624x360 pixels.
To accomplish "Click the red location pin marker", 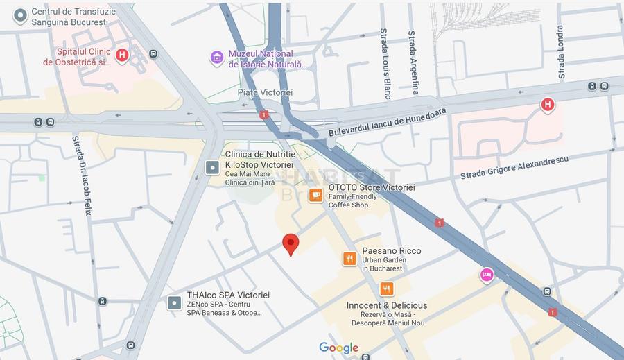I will [x=291, y=244].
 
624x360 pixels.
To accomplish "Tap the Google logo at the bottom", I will [x=338, y=348].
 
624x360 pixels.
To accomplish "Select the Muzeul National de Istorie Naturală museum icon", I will [x=217, y=57].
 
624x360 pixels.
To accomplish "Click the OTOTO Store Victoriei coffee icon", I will [x=315, y=195].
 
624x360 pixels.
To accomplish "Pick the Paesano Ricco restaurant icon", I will [x=349, y=259].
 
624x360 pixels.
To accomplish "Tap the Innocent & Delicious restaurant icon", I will [x=386, y=289].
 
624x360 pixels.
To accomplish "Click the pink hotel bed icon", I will [x=487, y=275].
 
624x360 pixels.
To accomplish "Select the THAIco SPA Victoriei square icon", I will [x=174, y=302].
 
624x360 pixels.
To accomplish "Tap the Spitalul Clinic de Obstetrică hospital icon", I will [x=122, y=55].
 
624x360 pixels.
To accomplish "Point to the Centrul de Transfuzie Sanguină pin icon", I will [x=21, y=15].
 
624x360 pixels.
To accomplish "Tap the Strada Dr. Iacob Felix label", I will [x=82, y=175].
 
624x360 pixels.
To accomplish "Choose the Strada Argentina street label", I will [x=414, y=62].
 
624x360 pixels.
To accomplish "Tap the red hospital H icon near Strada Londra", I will [x=547, y=105].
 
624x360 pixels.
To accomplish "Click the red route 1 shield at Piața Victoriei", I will [x=263, y=114].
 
